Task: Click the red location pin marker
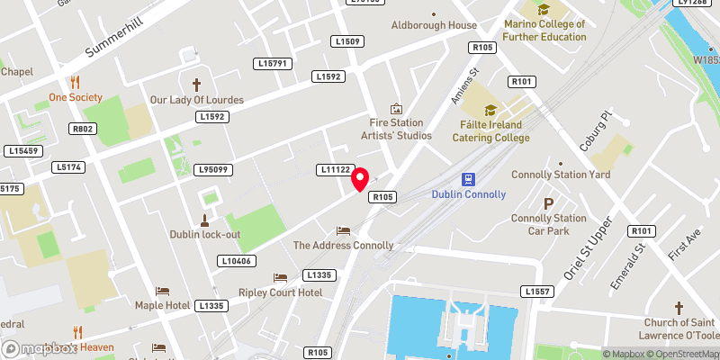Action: click(x=361, y=179)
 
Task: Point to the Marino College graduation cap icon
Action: click(x=544, y=10)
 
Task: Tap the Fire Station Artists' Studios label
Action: click(x=396, y=129)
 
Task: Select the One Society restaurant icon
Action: click(x=76, y=80)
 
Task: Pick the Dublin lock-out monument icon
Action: click(x=204, y=219)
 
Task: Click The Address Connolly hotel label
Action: click(x=343, y=245)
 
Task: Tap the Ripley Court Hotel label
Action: click(x=280, y=292)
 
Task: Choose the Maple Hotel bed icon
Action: click(x=162, y=291)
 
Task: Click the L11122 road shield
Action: click(x=334, y=169)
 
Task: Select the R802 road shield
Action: click(x=82, y=129)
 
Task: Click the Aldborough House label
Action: click(x=434, y=25)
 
